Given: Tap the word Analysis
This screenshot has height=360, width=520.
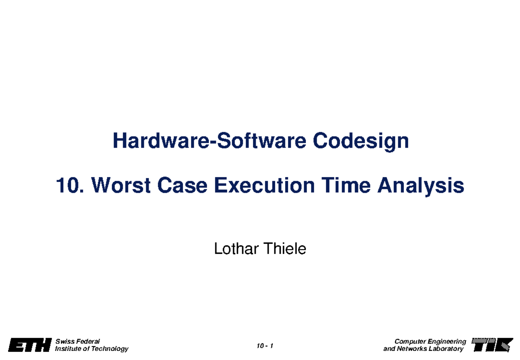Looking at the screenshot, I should click(x=421, y=187).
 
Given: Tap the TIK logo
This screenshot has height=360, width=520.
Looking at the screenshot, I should click(x=491, y=345).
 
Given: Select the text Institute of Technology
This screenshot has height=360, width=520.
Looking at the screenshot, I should click(x=91, y=349).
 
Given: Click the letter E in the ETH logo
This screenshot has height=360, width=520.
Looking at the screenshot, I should click(x=16, y=346).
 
